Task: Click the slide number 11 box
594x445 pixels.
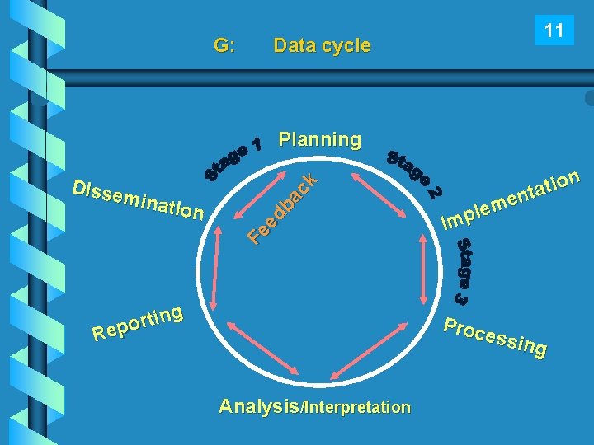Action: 554,31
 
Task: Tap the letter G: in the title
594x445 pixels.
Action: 224,46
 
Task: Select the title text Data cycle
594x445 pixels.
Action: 322,46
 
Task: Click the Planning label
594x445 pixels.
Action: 320,139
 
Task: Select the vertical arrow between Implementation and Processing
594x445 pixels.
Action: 429,264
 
